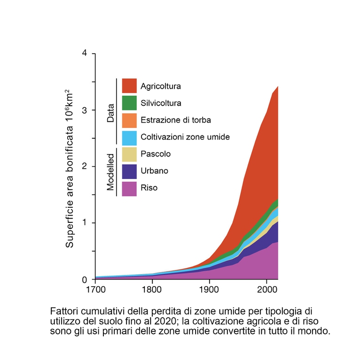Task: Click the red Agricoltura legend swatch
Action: pyautogui.click(x=129, y=86)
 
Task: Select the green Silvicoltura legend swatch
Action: pyautogui.click(x=129, y=103)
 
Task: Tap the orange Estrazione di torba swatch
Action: pyautogui.click(x=129, y=120)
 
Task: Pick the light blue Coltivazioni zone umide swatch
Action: pyautogui.click(x=129, y=137)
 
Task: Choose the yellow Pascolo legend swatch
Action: pyautogui.click(x=129, y=154)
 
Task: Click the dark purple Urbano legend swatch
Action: pyautogui.click(x=129, y=171)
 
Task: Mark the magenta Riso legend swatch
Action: pyautogui.click(x=129, y=188)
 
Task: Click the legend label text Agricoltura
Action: pyautogui.click(x=161, y=86)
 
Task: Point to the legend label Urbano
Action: pyautogui.click(x=154, y=171)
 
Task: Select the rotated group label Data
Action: pyautogui.click(x=110, y=113)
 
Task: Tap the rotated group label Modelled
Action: pyautogui.click(x=110, y=172)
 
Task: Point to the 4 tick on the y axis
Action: pyautogui.click(x=85, y=53)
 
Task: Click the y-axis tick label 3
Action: pyautogui.click(x=85, y=110)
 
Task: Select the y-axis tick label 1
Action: pyautogui.click(x=85, y=223)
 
